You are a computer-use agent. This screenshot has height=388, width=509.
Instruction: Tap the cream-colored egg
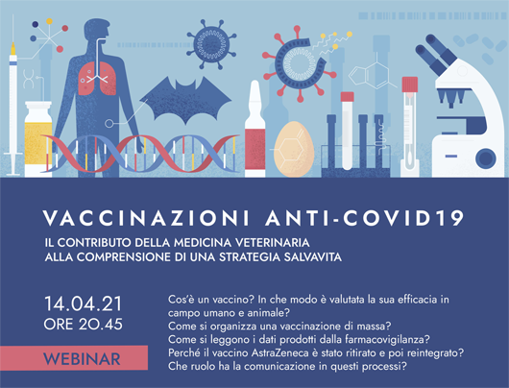(294, 149)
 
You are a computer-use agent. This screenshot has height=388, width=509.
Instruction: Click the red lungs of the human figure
(97, 78)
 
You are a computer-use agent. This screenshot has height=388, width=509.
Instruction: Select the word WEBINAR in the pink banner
(83, 359)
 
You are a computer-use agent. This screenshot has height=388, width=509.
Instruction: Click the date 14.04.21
(84, 303)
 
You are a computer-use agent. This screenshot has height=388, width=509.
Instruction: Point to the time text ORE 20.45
(84, 324)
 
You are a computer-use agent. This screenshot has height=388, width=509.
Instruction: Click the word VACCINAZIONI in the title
(146, 218)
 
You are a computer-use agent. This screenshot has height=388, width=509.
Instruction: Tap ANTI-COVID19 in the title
(365, 218)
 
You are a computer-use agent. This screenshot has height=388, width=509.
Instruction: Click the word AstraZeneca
(280, 352)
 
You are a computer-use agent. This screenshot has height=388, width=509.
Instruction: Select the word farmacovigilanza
(384, 340)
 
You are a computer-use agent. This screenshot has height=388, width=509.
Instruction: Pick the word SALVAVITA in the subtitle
(313, 256)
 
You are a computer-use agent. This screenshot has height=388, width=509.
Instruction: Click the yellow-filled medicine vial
(38, 139)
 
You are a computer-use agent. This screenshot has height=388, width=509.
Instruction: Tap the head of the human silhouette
(97, 30)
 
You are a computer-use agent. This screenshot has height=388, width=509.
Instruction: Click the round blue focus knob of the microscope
(486, 158)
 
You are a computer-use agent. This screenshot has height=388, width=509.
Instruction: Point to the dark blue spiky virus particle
(211, 44)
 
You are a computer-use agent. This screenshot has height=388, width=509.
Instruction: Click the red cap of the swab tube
(410, 85)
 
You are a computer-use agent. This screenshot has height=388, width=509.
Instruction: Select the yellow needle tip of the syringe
(13, 49)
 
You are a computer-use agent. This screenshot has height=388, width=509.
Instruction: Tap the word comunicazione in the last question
(280, 366)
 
